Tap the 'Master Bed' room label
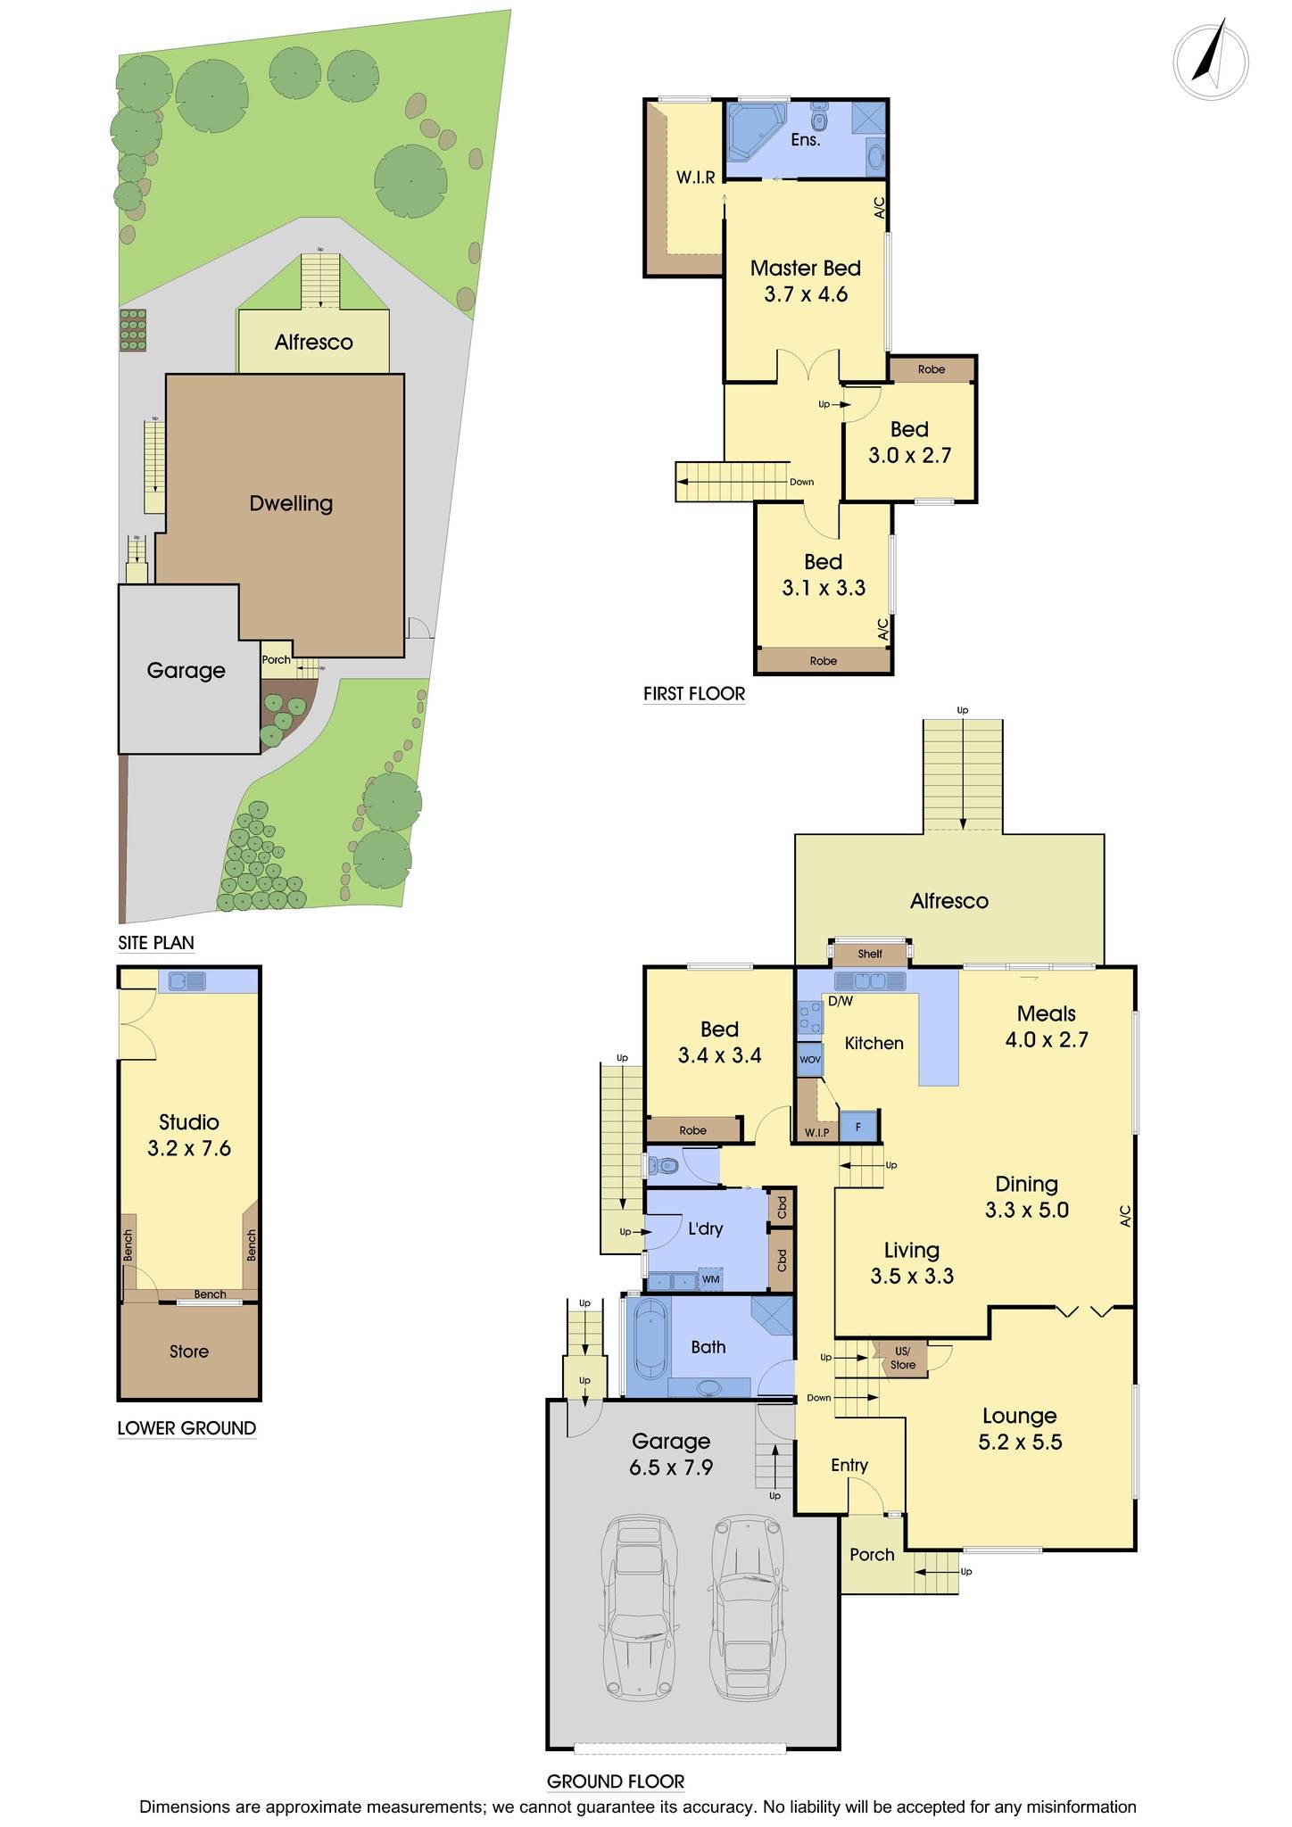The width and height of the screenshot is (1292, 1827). pyautogui.click(x=805, y=269)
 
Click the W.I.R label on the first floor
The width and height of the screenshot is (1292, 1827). pyautogui.click(x=695, y=178)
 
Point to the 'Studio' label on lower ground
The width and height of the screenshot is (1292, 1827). pyautogui.click(x=189, y=1122)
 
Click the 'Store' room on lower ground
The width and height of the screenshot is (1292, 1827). pyautogui.click(x=189, y=1352)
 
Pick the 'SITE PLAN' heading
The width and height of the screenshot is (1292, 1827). pyautogui.click(x=156, y=943)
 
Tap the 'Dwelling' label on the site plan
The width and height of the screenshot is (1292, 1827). pyautogui.click(x=291, y=503)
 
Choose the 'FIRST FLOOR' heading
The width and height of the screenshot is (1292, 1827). pyautogui.click(x=694, y=693)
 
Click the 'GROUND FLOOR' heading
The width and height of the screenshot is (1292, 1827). pyautogui.click(x=616, y=1782)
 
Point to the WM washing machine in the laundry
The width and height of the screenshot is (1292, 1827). pyautogui.click(x=710, y=1280)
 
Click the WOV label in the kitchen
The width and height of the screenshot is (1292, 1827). pyautogui.click(x=809, y=1060)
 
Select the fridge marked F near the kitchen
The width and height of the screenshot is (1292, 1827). pyautogui.click(x=858, y=1127)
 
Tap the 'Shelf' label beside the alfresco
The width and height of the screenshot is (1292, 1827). pyautogui.click(x=870, y=954)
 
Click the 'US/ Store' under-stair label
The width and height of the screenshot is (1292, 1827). pyautogui.click(x=902, y=1359)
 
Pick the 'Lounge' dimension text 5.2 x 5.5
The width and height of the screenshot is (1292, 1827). pyautogui.click(x=1020, y=1443)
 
